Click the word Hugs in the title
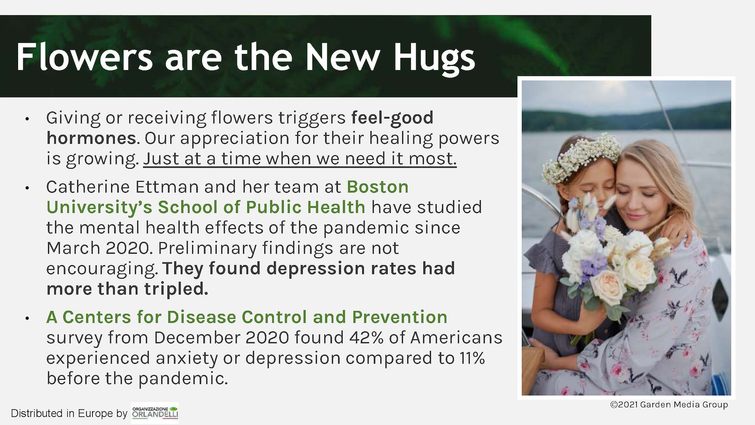pos(435,58)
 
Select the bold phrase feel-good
pos(392,118)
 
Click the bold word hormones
pos(91,138)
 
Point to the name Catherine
pos(88,187)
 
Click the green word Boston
pos(377,187)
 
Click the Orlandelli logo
pos(155,413)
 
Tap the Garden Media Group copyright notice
pos(669,405)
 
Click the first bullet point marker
pos(27,119)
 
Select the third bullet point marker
pos(27,318)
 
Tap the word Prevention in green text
pos(400,317)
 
